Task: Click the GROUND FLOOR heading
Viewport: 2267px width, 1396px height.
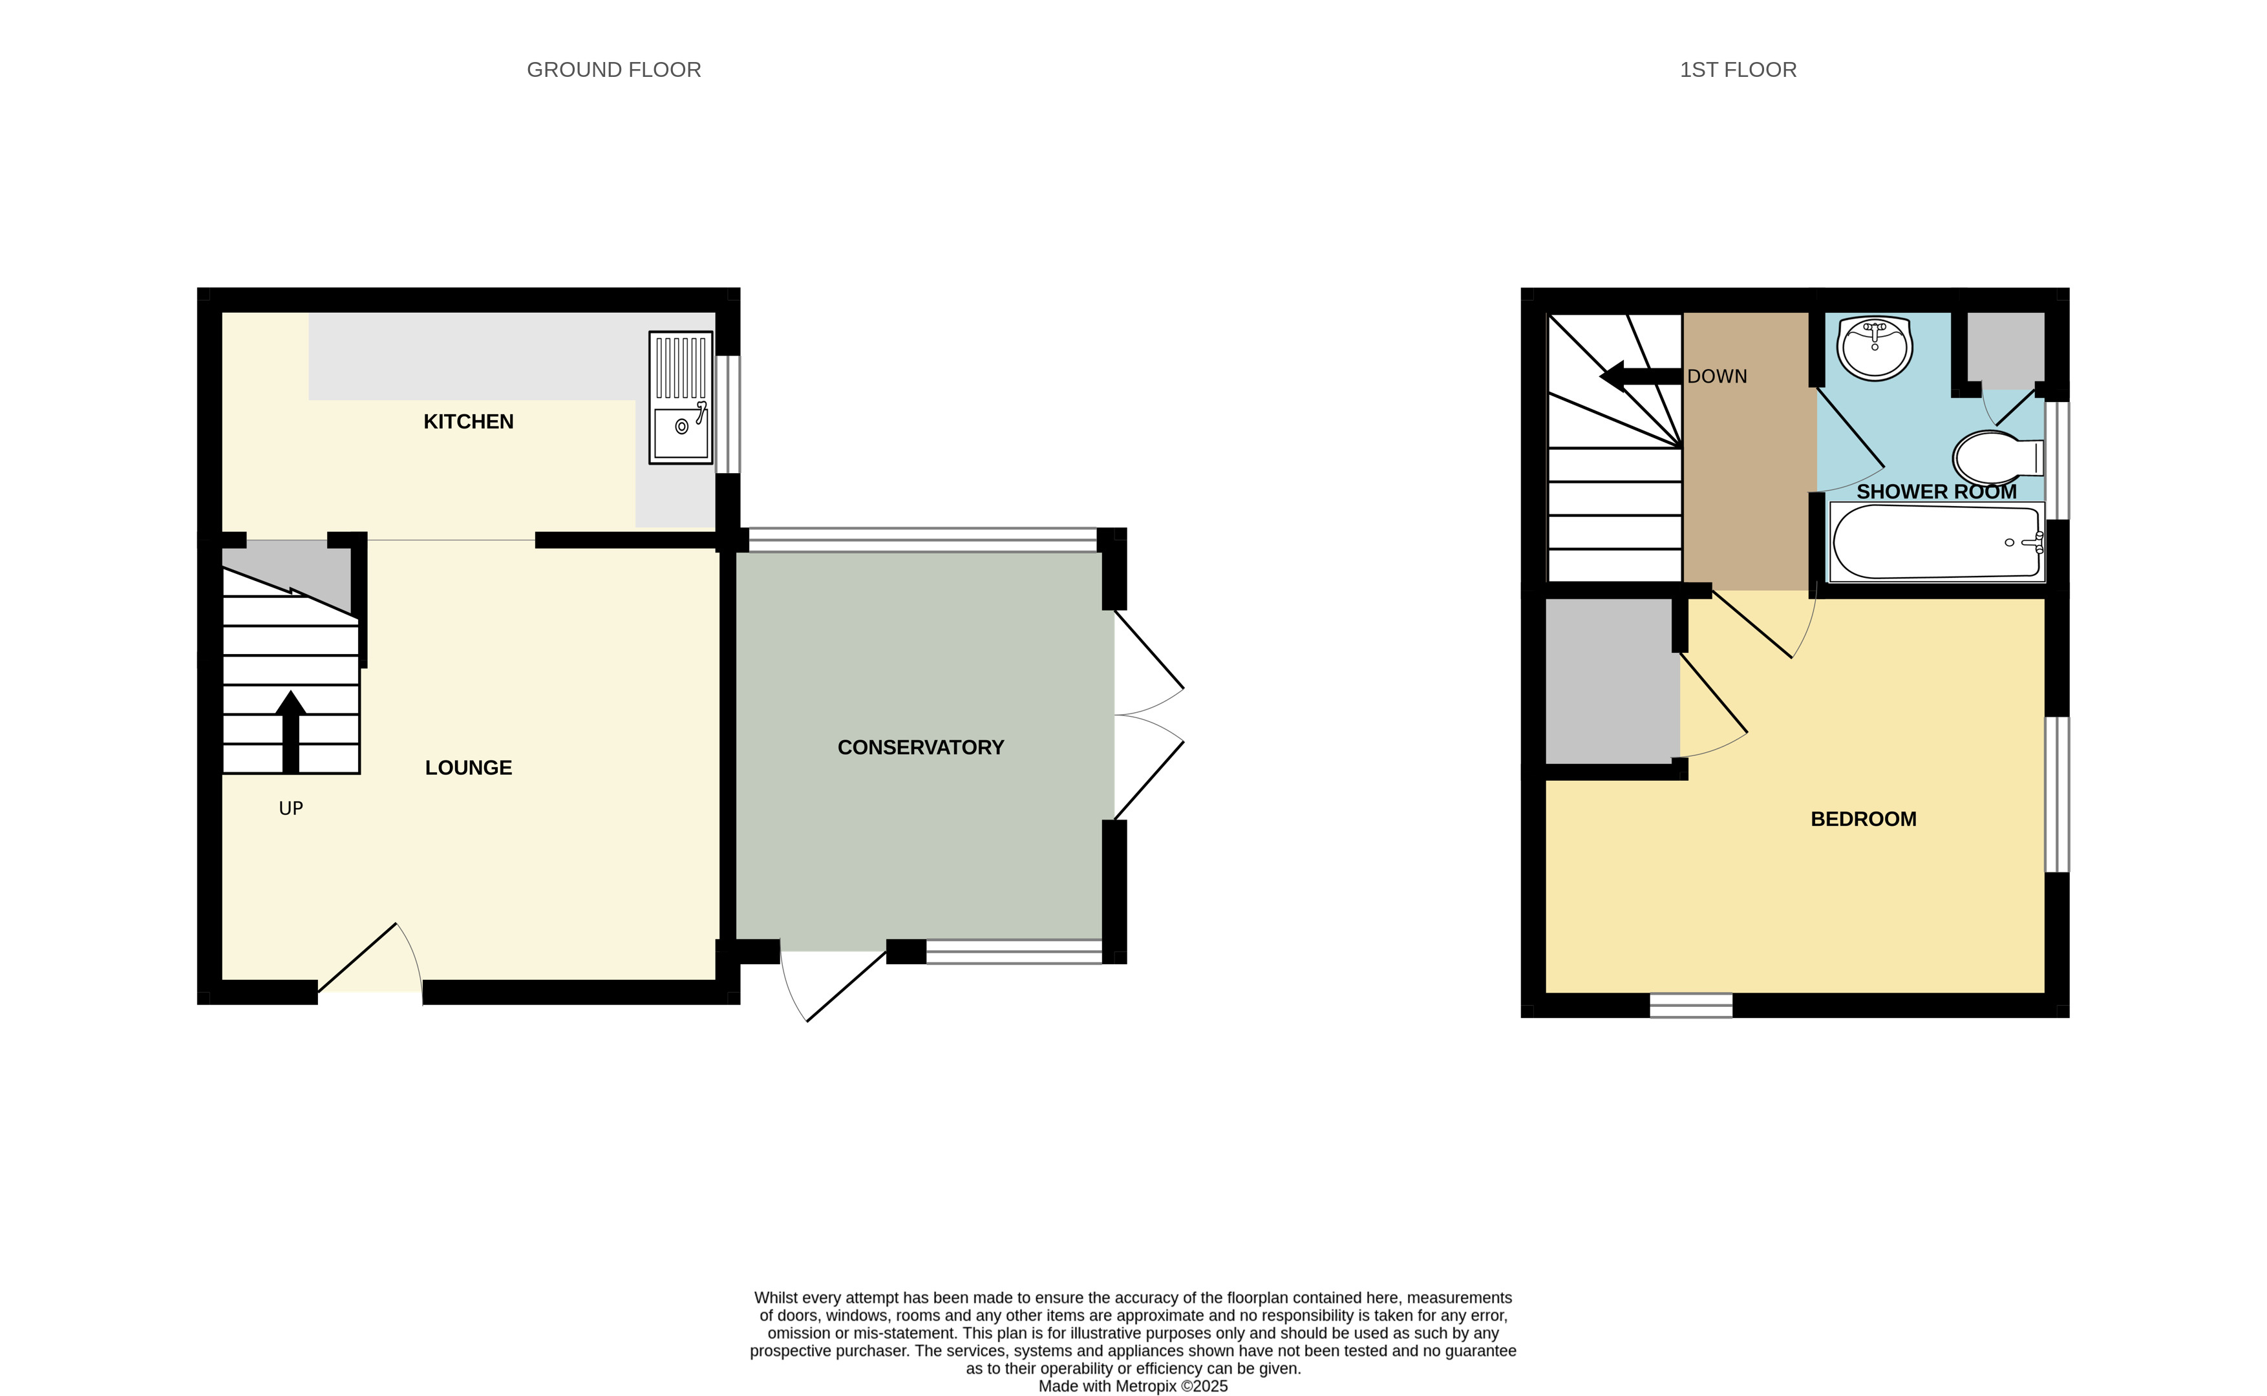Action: click(613, 70)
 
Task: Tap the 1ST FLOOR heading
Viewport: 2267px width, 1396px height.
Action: click(1737, 70)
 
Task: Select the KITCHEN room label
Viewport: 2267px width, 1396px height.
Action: click(468, 422)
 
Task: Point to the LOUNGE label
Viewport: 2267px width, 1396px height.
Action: click(468, 768)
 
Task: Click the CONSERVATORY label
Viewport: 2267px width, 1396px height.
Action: click(920, 748)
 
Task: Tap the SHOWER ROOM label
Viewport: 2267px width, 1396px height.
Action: click(1935, 492)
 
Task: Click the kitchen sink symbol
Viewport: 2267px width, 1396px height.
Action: click(681, 398)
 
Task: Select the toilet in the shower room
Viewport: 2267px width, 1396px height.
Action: click(1996, 457)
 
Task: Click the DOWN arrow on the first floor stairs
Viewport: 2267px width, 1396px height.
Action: click(1640, 375)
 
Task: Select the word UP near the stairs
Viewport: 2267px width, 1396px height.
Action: click(291, 809)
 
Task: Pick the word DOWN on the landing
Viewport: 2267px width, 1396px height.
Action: click(1717, 377)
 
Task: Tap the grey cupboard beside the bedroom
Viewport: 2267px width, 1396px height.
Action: click(1612, 681)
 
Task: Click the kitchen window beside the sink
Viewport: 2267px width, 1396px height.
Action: click(729, 414)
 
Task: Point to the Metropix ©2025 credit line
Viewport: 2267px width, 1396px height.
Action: click(1133, 1386)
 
